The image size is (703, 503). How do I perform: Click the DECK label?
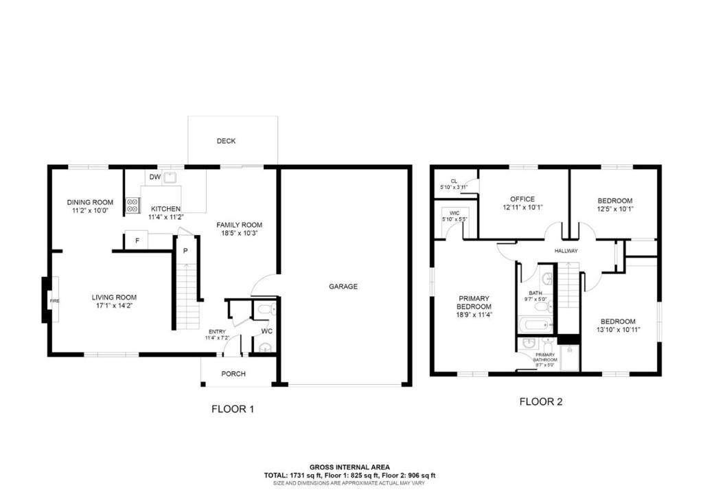(x=226, y=141)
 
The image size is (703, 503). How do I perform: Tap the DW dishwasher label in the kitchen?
(x=155, y=177)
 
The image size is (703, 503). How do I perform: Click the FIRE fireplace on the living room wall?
(x=52, y=300)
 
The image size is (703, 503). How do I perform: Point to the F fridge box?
(x=137, y=241)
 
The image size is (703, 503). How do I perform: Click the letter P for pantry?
(x=185, y=251)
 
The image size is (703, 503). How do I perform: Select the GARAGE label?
(x=343, y=287)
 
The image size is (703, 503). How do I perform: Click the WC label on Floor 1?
(x=267, y=331)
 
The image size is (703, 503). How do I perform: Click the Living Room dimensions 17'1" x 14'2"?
(x=114, y=306)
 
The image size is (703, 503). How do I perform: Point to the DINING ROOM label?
(x=90, y=202)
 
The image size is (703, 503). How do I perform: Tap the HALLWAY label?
(x=566, y=251)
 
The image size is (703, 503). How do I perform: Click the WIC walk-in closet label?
(x=454, y=213)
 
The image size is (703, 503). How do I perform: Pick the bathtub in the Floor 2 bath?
(x=535, y=324)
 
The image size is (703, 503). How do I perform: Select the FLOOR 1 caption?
(x=233, y=408)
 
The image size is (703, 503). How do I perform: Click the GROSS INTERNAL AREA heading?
(x=350, y=466)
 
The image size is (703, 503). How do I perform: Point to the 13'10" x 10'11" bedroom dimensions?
(x=617, y=330)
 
